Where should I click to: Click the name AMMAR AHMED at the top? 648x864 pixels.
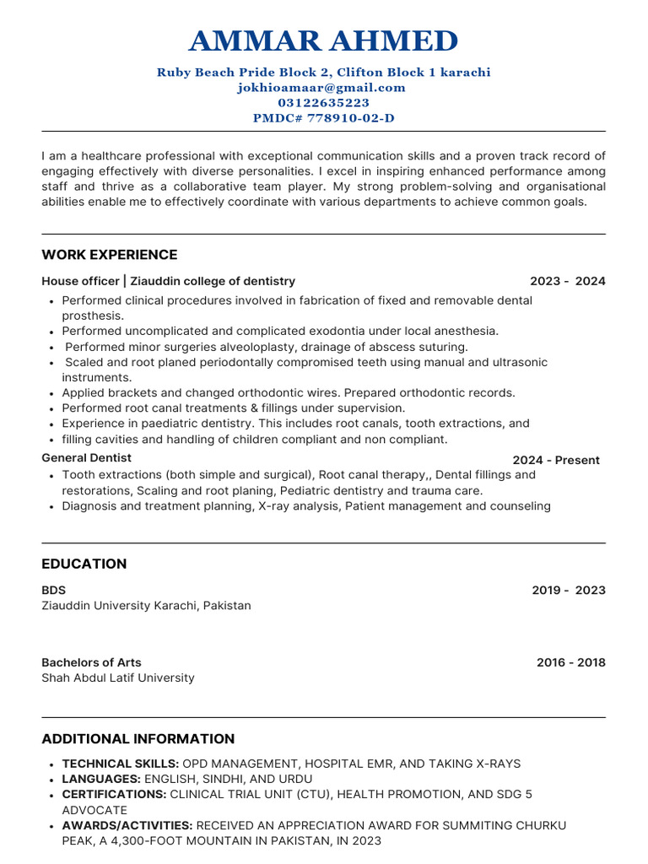pyautogui.click(x=324, y=40)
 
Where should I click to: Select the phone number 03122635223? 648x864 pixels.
pyautogui.click(x=324, y=103)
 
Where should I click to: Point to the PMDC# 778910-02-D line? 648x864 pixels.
pyautogui.click(x=324, y=118)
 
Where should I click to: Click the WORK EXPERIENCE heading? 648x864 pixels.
pyautogui.click(x=110, y=255)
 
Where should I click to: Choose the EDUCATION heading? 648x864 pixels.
pyautogui.click(x=84, y=564)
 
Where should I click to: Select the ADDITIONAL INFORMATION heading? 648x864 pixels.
pyautogui.click(x=138, y=739)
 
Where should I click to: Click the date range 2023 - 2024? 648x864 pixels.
pyautogui.click(x=567, y=281)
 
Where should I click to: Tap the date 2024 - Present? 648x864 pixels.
pyautogui.click(x=556, y=460)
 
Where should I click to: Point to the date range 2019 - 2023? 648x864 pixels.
pyautogui.click(x=568, y=590)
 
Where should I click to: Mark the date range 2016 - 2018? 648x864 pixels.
pyautogui.click(x=570, y=662)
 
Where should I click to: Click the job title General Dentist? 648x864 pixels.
pyautogui.click(x=87, y=457)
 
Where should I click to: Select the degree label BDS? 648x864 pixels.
pyautogui.click(x=54, y=590)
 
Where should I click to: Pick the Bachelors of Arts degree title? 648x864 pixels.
pyautogui.click(x=92, y=662)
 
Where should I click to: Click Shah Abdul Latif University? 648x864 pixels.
pyautogui.click(x=118, y=678)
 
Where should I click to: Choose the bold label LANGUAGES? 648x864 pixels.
pyautogui.click(x=101, y=779)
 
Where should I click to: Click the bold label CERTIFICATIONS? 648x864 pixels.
pyautogui.click(x=114, y=794)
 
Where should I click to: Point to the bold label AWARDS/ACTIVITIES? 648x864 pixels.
pyautogui.click(x=127, y=825)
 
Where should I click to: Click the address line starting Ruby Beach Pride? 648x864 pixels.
pyautogui.click(x=324, y=73)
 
